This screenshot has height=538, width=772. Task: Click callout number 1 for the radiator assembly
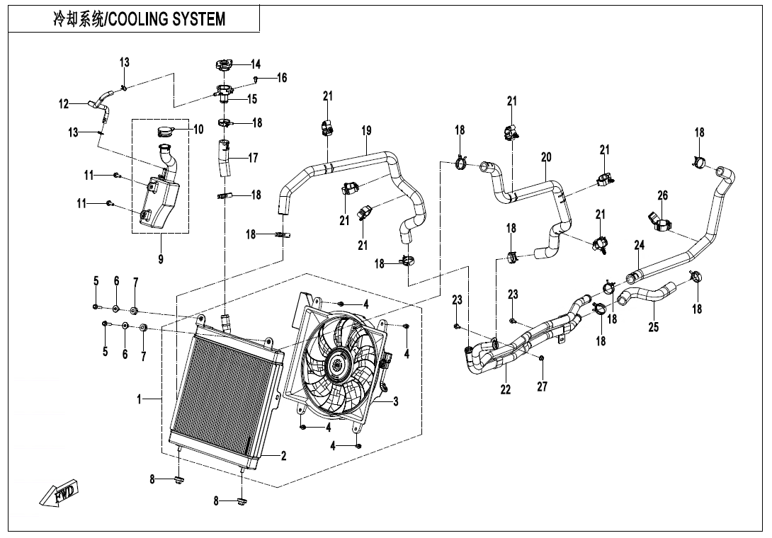pos(140,399)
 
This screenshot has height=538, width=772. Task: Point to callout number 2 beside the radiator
pos(283,457)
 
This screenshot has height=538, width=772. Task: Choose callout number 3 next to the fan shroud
pos(395,401)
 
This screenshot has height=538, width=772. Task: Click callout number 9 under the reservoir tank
pos(161,259)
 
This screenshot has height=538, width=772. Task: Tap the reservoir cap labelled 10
pos(166,132)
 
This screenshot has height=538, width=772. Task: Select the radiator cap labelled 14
pos(224,64)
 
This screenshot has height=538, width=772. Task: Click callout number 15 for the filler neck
pos(252,99)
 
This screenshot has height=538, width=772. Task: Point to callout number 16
pos(282,78)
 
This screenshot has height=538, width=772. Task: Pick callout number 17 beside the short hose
pos(253,158)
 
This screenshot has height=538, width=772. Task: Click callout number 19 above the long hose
pos(366,131)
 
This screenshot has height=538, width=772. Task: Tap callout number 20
pos(546,158)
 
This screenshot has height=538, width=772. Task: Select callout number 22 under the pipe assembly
pos(506,389)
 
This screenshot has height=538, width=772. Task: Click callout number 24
pos(639,245)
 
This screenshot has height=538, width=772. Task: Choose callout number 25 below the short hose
pos(653,327)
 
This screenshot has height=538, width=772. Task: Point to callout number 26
pos(663,196)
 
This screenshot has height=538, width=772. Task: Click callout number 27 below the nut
pos(542,387)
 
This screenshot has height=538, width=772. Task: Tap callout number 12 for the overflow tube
pos(64,104)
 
